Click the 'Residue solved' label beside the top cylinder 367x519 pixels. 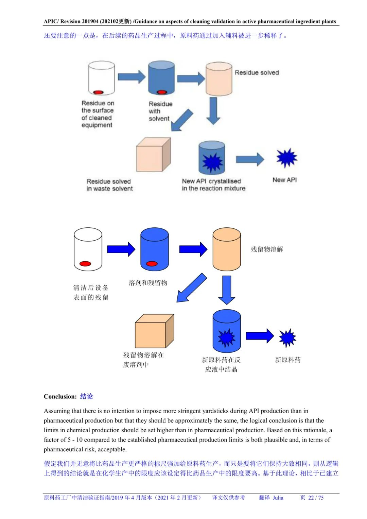(x=257, y=73)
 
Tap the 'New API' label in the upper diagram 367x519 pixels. (x=284, y=180)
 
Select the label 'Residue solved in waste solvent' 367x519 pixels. (x=109, y=185)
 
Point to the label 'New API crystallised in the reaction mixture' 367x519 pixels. (x=213, y=185)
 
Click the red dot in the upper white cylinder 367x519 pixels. (x=98, y=92)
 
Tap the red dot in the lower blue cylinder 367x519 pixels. (x=152, y=264)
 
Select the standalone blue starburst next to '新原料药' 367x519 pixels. (x=287, y=338)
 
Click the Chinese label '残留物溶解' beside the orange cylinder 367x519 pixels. (x=267, y=249)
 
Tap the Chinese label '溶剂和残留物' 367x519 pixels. (x=148, y=283)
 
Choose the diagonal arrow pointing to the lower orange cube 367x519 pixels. (x=191, y=288)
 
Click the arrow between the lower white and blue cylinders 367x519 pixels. (x=121, y=249)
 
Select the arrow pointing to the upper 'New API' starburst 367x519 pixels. (x=250, y=159)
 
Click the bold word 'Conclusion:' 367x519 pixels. (x=60, y=396)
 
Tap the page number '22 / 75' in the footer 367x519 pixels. (x=316, y=498)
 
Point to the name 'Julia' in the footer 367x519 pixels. (x=278, y=498)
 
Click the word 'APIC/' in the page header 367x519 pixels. (x=51, y=21)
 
